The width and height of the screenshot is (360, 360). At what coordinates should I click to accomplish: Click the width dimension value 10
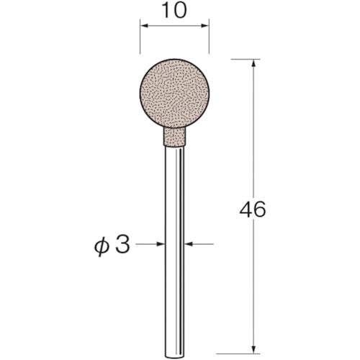coord(174,12)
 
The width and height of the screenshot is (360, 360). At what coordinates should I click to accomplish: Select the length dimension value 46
coord(252,210)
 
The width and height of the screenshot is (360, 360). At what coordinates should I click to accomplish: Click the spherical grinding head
coord(174,96)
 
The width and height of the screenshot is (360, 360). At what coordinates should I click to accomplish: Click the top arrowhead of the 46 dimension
coord(253,64)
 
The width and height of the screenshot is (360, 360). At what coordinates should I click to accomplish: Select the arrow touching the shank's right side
coord(189,245)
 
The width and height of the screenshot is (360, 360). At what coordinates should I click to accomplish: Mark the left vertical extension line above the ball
coord(139,40)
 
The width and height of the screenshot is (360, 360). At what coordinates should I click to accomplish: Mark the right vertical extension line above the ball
coord(209,40)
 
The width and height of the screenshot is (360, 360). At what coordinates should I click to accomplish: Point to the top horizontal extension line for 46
coord(246,59)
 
